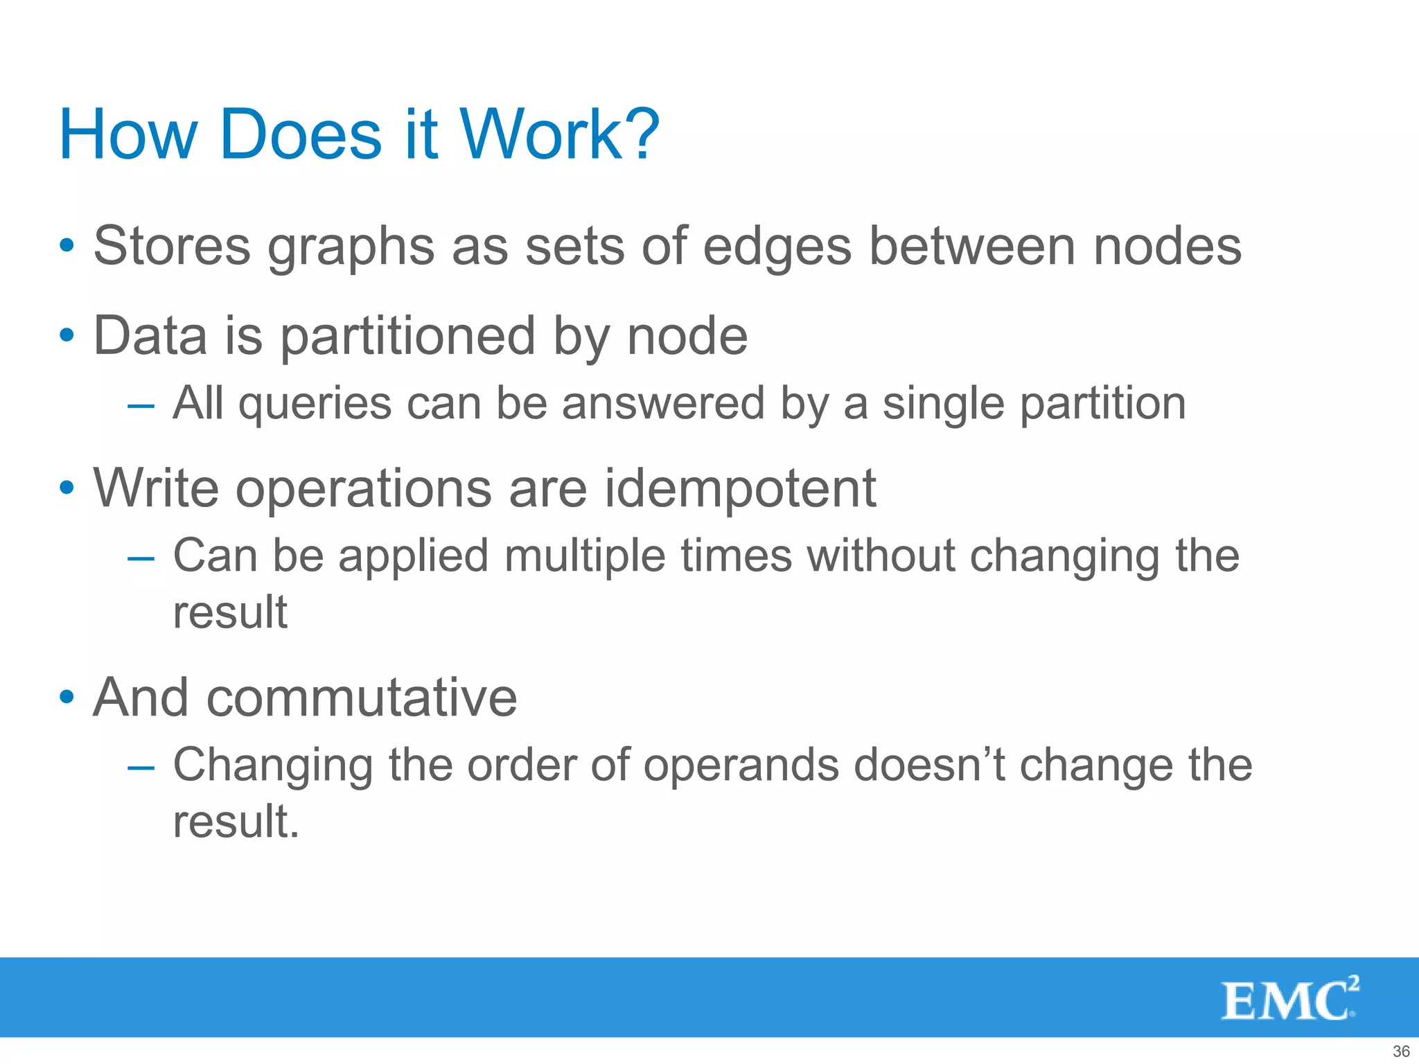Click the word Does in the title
pyautogui.click(x=299, y=134)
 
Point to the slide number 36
pyautogui.click(x=1400, y=1051)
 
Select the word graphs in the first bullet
pyautogui.click(x=351, y=247)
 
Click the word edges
pyautogui.click(x=777, y=247)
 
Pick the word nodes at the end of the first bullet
pyautogui.click(x=1167, y=247)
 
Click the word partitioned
pyautogui.click(x=408, y=337)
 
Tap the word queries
pyautogui.click(x=315, y=405)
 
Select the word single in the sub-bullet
pyautogui.click(x=943, y=405)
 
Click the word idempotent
pyautogui.click(x=740, y=489)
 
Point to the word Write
pyautogui.click(x=157, y=489)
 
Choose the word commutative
pyautogui.click(x=361, y=698)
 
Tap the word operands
pyautogui.click(x=741, y=766)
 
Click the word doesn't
pyautogui.click(x=929, y=766)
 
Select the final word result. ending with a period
pyautogui.click(x=236, y=822)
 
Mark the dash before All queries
pyautogui.click(x=141, y=405)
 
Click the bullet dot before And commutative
pyautogui.click(x=67, y=697)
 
